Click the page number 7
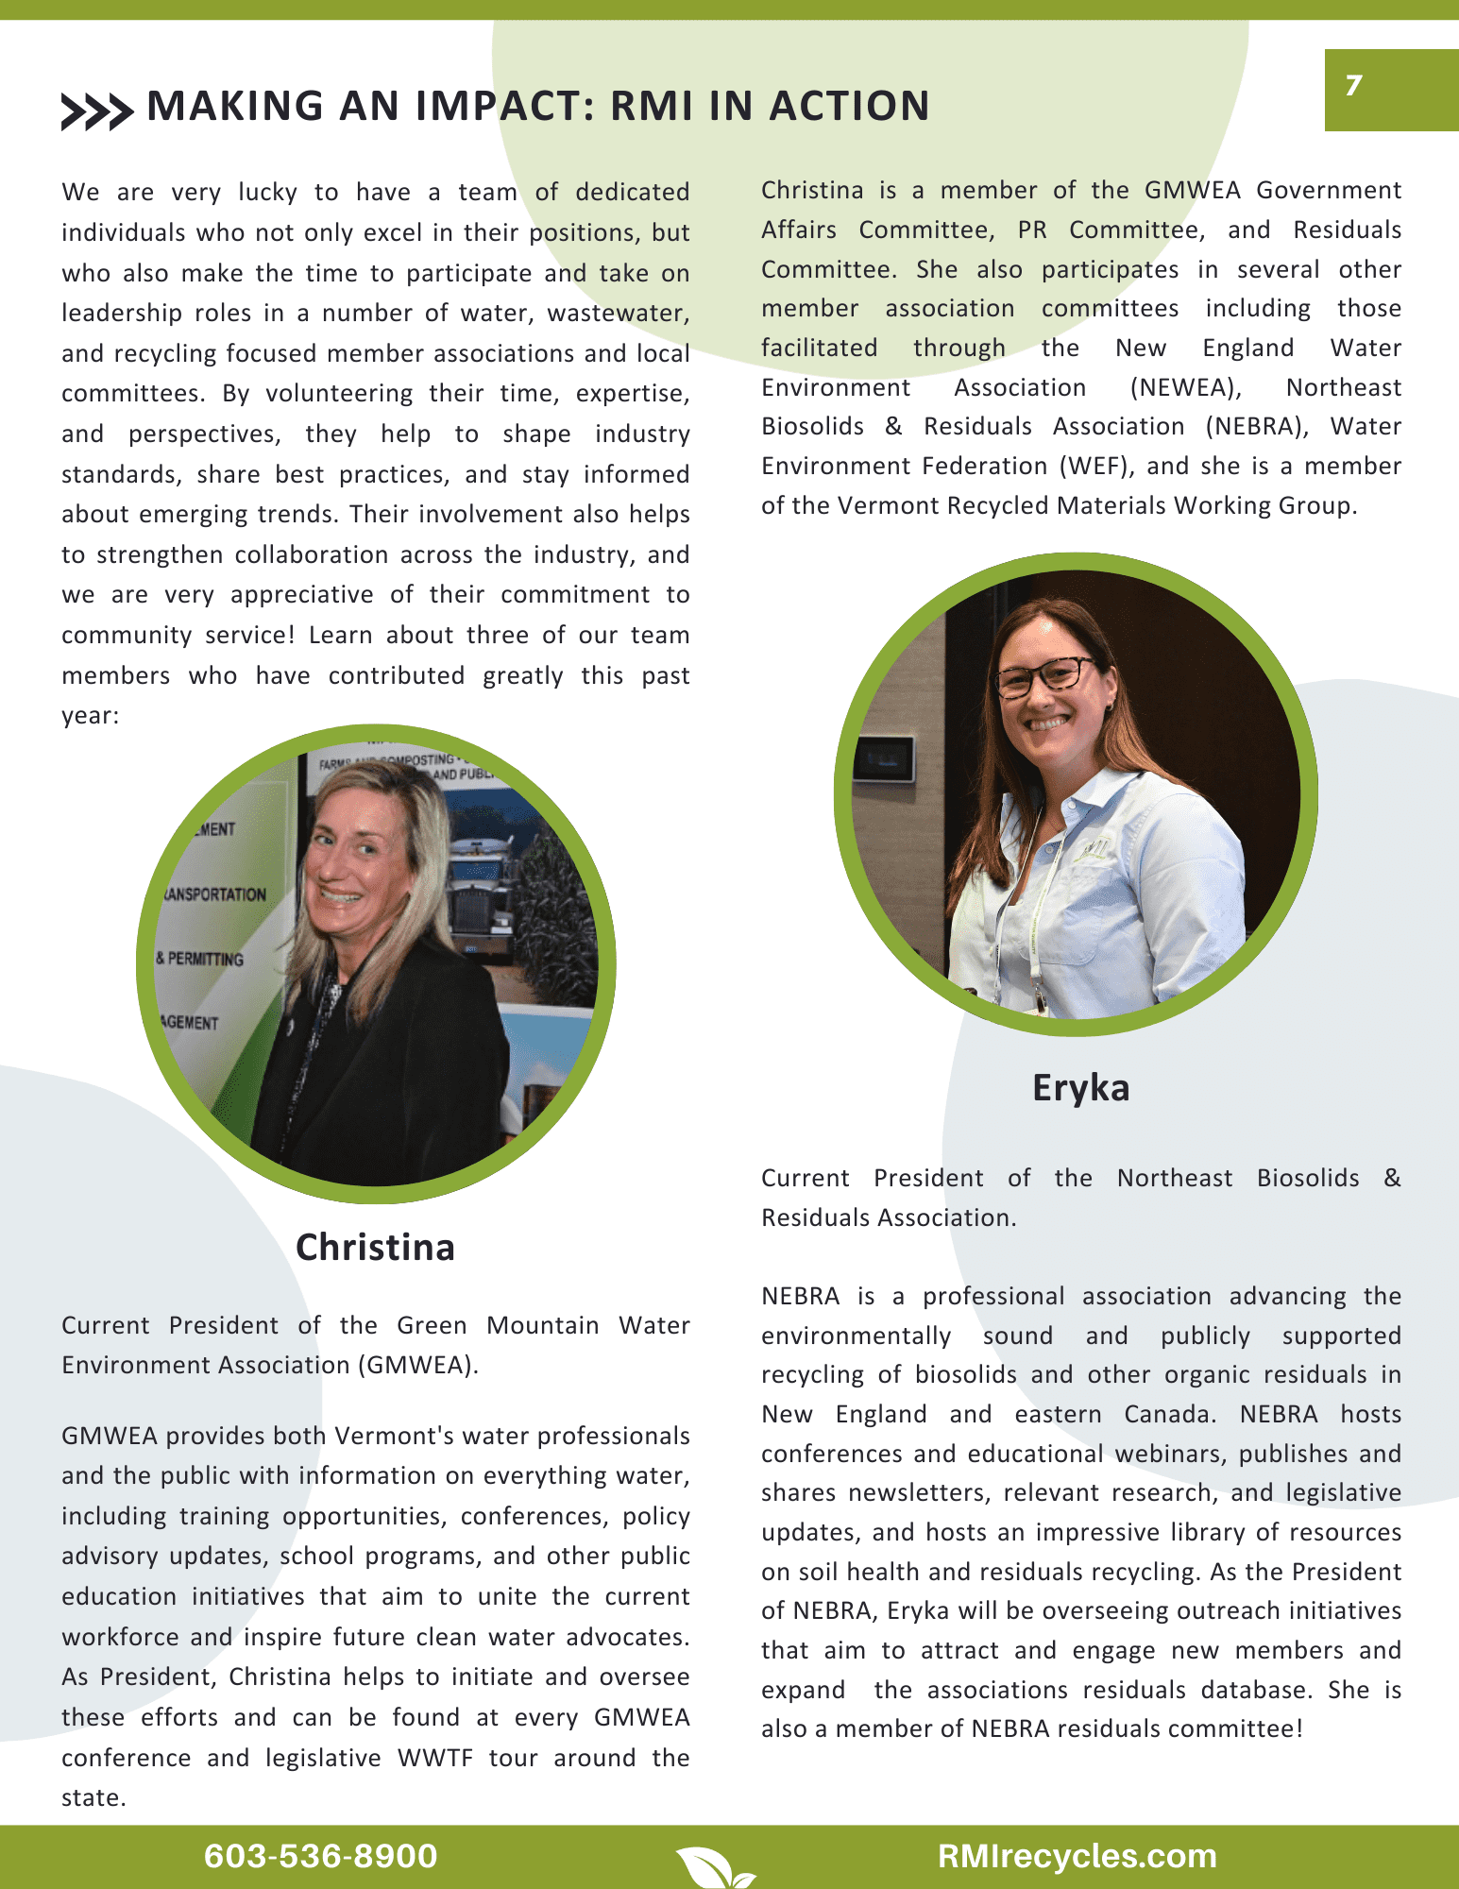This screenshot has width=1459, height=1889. tap(1354, 86)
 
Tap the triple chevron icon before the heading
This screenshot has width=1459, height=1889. tap(96, 111)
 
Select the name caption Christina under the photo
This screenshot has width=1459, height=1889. tap(375, 1247)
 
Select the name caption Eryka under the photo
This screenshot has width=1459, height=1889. tap(1080, 1088)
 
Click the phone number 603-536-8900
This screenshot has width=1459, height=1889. tap(320, 1856)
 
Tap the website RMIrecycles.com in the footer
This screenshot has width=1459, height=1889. tap(1077, 1856)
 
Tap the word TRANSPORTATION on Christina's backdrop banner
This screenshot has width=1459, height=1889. tap(216, 894)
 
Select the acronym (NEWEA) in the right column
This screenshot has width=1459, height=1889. tap(1185, 387)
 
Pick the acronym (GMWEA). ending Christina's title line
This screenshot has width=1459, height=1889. tap(417, 1365)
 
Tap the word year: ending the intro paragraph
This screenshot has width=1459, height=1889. tap(91, 716)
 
